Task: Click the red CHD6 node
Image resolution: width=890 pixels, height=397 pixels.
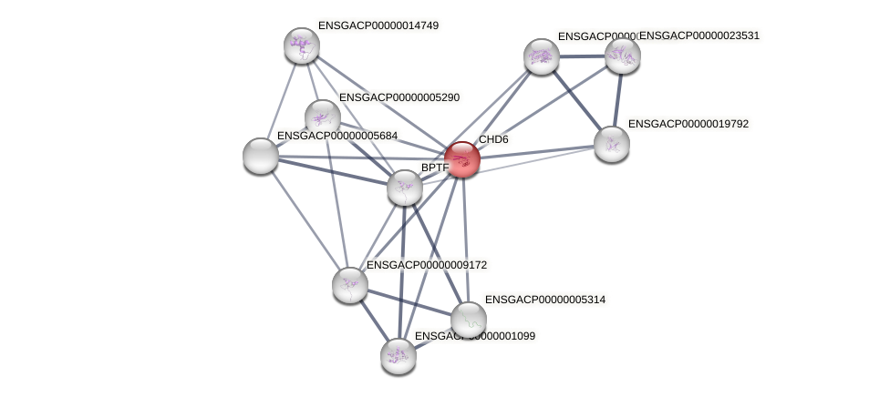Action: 462,159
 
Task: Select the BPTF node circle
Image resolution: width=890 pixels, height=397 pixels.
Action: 404,188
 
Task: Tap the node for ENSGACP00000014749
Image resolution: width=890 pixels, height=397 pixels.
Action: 301,46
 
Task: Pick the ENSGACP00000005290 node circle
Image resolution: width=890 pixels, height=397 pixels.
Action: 322,117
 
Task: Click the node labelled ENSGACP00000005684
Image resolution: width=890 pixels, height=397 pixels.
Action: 261,156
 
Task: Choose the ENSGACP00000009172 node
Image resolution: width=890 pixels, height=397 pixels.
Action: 350,285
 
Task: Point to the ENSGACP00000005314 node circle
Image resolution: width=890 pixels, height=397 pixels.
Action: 469,320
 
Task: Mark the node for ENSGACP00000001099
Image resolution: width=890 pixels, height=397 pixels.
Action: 398,355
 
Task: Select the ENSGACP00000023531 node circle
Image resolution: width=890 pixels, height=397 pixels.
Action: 623,56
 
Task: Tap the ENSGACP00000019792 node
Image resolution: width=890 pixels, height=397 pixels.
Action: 611,143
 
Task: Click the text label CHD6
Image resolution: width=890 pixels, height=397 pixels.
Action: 493,140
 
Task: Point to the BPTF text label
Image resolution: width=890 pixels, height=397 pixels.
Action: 434,168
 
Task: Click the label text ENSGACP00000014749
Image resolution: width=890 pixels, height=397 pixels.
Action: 378,25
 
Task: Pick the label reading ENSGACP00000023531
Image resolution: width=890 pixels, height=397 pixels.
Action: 699,36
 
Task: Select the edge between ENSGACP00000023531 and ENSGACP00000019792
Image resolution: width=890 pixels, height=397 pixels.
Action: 617,98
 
